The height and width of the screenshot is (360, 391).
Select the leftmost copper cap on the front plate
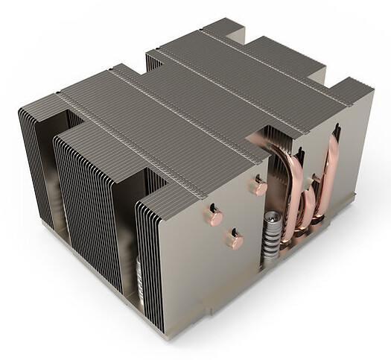pos(214,217)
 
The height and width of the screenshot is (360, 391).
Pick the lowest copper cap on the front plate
pos(235,240)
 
